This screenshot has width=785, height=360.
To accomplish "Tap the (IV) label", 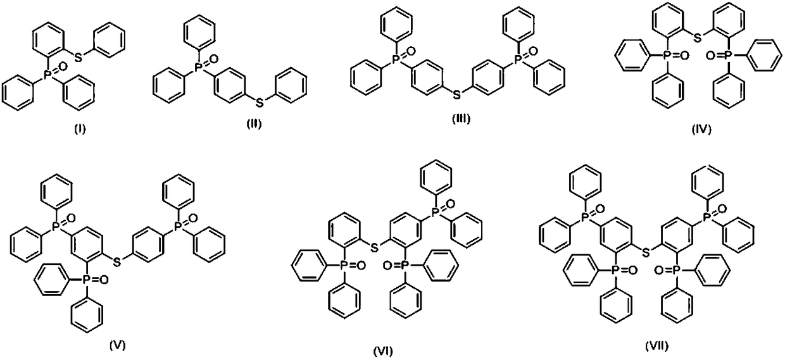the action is tap(701, 130).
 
